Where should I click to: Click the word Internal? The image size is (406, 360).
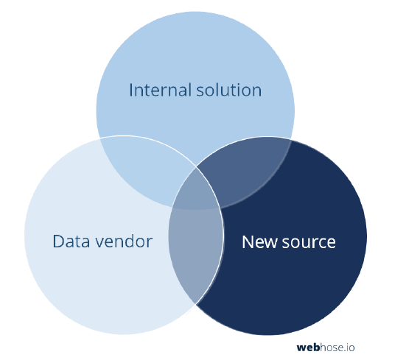tap(161, 90)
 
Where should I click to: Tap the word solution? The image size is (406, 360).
tap(229, 90)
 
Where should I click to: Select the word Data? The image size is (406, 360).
tap(71, 241)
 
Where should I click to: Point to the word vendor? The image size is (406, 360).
tap(124, 241)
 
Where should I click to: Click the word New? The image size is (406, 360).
tap(259, 242)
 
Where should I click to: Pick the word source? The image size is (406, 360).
tap(309, 243)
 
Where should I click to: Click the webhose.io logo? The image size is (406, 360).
tap(326, 347)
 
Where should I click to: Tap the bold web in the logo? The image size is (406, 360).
tap(308, 347)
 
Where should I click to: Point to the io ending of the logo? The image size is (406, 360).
tap(351, 347)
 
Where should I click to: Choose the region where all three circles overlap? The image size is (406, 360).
tap(195, 191)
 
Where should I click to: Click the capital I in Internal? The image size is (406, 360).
tap(130, 90)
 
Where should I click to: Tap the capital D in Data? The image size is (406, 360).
tap(58, 241)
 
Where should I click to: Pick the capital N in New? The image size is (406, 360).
tap(248, 242)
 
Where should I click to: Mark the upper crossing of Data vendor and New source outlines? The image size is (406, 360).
tap(196, 168)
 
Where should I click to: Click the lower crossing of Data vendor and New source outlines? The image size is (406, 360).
tap(196, 304)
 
